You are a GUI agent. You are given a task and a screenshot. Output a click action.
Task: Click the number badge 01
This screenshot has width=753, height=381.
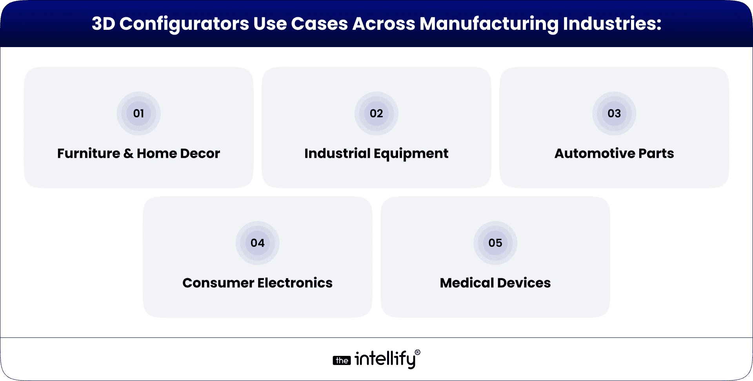pyautogui.click(x=138, y=113)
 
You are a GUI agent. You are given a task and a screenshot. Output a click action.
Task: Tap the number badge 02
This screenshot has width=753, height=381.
pyautogui.click(x=376, y=113)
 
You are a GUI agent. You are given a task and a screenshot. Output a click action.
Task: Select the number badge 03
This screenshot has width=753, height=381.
pyautogui.click(x=614, y=113)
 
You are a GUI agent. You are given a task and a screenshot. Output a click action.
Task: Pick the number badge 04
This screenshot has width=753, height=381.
pyautogui.click(x=257, y=243)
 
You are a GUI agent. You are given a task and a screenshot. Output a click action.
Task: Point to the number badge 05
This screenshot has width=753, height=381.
pyautogui.click(x=495, y=243)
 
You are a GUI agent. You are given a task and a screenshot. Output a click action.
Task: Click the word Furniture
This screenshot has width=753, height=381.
pyautogui.click(x=89, y=153)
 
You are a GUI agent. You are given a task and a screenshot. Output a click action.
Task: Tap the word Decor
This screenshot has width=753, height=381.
pyautogui.click(x=200, y=153)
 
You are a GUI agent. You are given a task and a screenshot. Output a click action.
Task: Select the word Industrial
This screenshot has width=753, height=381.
pyautogui.click(x=337, y=153)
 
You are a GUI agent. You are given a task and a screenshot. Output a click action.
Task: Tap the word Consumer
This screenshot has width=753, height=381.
pyautogui.click(x=218, y=283)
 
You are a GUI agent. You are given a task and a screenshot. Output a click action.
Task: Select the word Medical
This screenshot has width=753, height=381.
pyautogui.click(x=467, y=283)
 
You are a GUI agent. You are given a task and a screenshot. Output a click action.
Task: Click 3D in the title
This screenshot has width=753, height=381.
pyautogui.click(x=103, y=24)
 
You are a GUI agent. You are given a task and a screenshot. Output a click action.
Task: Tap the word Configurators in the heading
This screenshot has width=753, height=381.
pyautogui.click(x=184, y=24)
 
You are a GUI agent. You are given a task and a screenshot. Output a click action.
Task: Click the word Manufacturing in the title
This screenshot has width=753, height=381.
pyautogui.click(x=489, y=24)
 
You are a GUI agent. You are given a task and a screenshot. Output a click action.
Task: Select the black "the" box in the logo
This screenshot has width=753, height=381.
pyautogui.click(x=342, y=361)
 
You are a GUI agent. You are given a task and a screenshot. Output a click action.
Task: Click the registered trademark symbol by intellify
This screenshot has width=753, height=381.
pyautogui.click(x=417, y=353)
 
